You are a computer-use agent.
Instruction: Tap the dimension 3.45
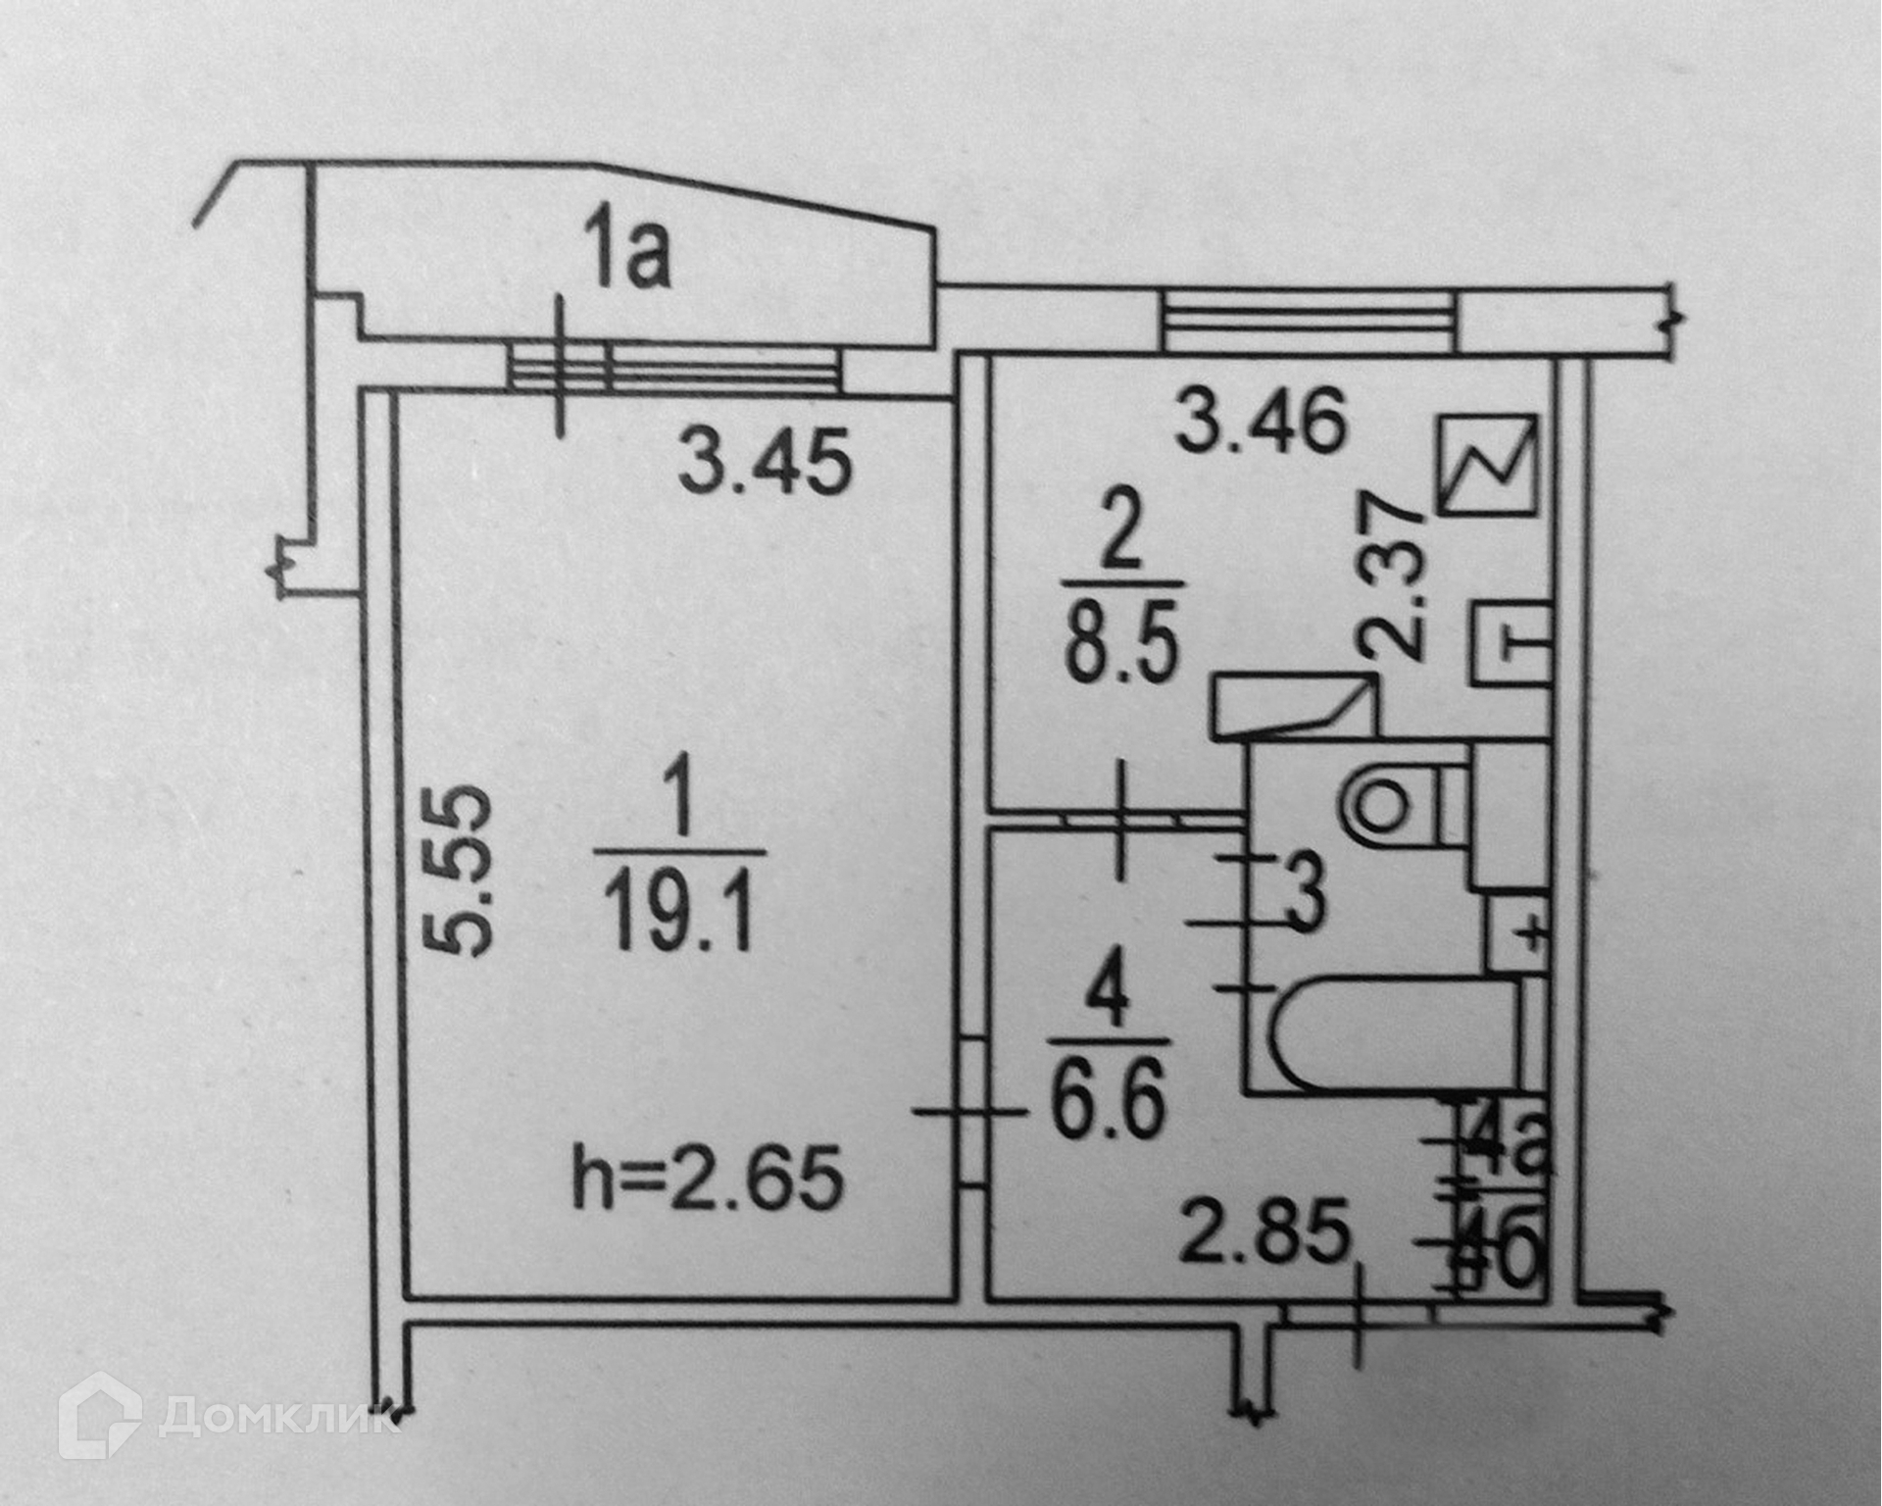coord(765,463)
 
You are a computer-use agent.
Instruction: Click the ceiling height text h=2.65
coord(707,1180)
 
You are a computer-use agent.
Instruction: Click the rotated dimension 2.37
coord(1393,577)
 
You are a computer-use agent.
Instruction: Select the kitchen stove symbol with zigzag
coord(1487,464)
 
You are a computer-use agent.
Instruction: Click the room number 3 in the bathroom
coord(1304,893)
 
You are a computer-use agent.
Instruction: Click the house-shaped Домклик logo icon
coord(99,1416)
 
